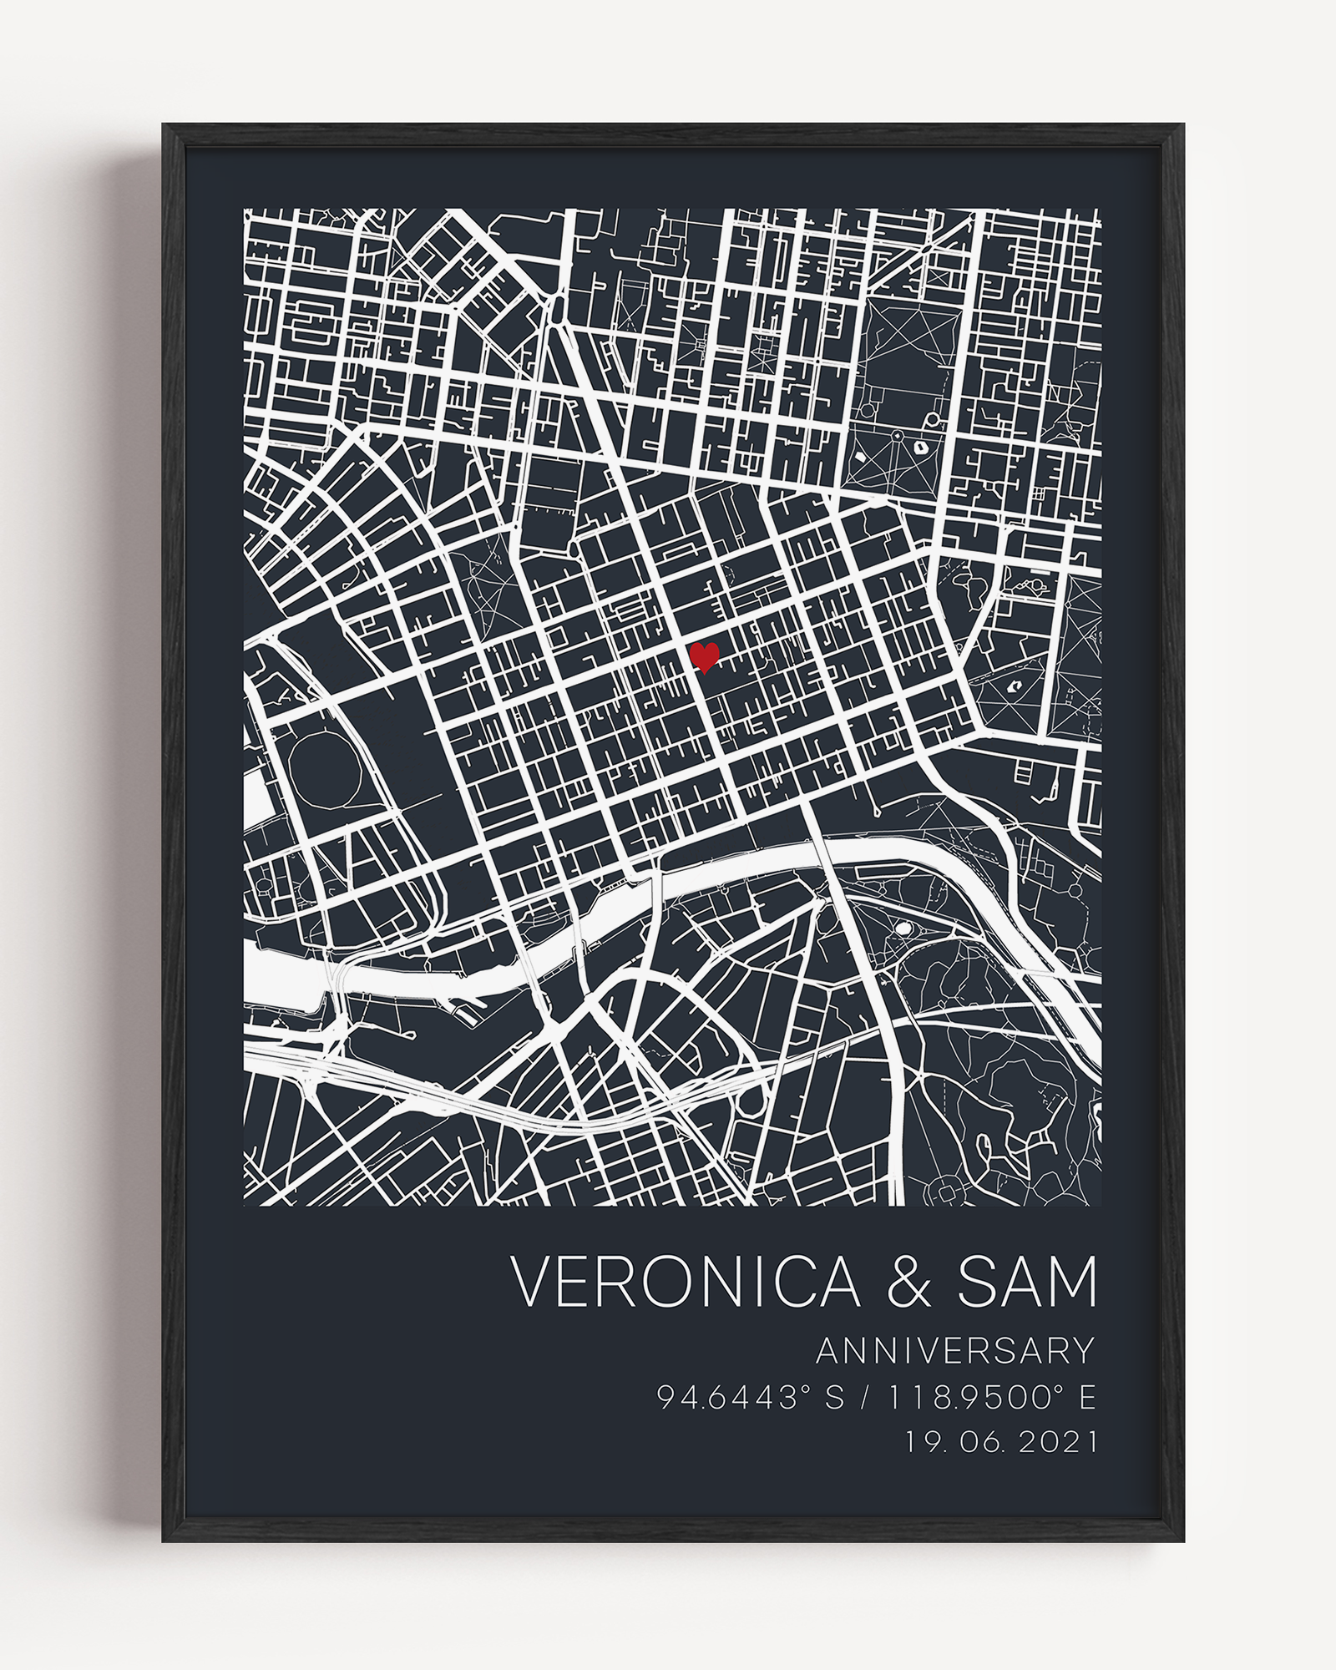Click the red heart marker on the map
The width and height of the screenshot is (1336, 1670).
click(704, 657)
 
